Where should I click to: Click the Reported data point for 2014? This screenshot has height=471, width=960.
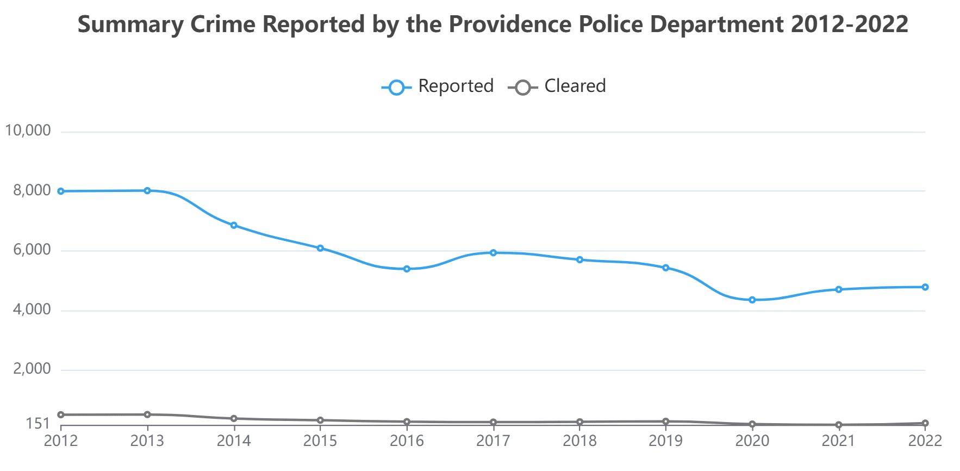[234, 225]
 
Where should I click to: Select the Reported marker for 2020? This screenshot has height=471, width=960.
[752, 300]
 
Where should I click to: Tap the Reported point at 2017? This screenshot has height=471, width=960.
[493, 252]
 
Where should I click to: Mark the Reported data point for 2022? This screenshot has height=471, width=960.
[925, 287]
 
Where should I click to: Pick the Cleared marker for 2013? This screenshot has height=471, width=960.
[147, 414]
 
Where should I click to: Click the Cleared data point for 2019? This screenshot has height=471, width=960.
[666, 421]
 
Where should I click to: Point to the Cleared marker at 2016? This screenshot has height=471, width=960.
[407, 422]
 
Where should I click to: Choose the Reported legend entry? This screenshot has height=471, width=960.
[438, 86]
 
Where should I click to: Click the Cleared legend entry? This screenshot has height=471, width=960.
[557, 86]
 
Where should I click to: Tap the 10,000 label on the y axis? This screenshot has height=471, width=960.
[28, 131]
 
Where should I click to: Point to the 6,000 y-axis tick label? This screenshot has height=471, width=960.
[32, 250]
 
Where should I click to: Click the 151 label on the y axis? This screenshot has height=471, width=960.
[38, 423]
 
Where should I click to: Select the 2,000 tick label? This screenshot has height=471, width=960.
[32, 369]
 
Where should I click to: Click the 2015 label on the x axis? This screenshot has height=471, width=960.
[320, 441]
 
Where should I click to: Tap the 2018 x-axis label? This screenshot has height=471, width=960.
[579, 441]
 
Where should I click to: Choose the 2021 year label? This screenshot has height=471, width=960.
[839, 441]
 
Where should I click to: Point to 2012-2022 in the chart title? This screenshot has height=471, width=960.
[849, 24]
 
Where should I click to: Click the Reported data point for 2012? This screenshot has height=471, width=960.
[61, 191]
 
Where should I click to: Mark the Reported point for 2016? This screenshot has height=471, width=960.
[407, 269]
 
